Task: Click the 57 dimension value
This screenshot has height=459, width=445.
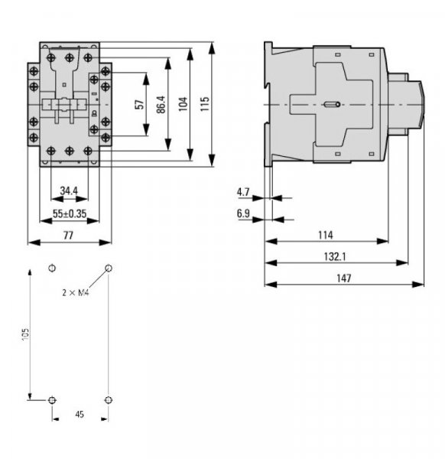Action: point(138,105)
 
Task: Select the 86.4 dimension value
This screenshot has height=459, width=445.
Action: point(161,105)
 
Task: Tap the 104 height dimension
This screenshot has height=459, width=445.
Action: point(183,105)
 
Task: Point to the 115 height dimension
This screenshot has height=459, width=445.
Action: point(205,105)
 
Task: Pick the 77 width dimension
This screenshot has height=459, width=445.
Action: point(69,236)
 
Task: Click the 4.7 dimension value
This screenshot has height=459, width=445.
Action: point(244,191)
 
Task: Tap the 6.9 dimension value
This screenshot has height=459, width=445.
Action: point(244,214)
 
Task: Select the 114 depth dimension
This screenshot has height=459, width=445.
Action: point(325,236)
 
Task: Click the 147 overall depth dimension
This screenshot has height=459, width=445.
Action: point(344,278)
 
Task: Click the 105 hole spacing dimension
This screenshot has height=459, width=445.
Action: point(25,334)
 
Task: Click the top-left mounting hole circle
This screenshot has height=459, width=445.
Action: point(51,269)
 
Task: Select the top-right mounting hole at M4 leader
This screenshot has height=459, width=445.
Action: point(108,269)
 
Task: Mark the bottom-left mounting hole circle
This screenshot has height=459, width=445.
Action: point(51,400)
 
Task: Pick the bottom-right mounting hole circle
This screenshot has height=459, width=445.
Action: point(108,400)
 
